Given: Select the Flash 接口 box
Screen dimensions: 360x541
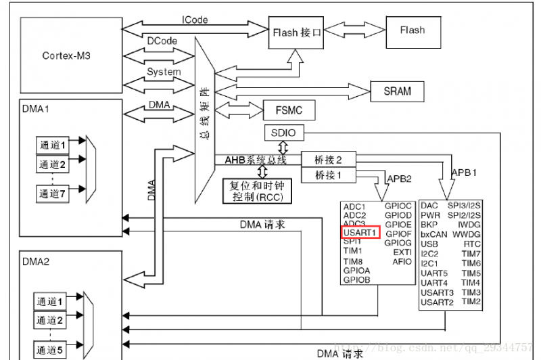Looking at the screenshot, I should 296,32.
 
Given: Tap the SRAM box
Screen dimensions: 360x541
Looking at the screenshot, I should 397,91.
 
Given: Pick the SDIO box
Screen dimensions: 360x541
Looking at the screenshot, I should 283,132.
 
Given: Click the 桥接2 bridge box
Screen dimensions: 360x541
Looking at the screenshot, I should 329,160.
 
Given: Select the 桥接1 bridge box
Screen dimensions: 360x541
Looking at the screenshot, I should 329,175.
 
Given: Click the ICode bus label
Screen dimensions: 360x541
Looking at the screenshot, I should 195,20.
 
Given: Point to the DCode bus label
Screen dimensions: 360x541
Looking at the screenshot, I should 162,41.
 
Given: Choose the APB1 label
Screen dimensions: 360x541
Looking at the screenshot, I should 465,173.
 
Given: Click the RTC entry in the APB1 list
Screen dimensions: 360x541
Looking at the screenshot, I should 472,244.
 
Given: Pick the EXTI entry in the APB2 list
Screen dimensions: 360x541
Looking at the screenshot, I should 402,252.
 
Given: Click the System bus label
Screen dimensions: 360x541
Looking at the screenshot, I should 164,72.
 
